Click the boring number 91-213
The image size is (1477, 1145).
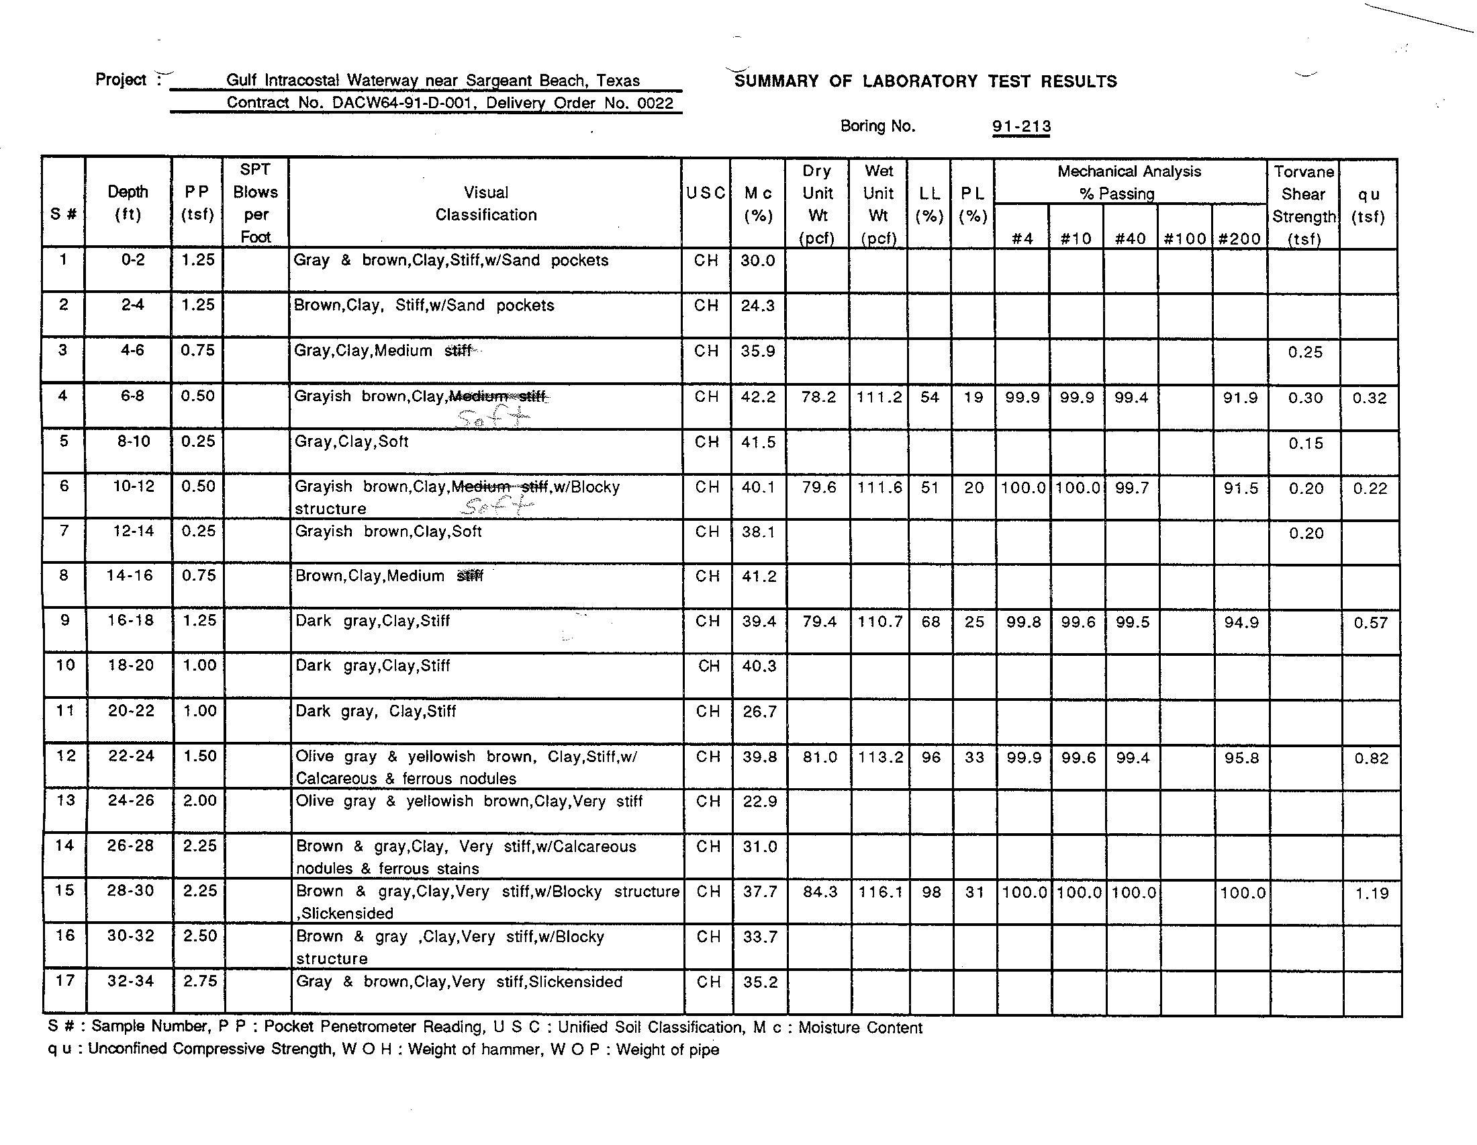(1021, 126)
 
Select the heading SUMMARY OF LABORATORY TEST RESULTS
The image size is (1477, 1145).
(925, 82)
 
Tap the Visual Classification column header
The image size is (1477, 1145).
(485, 203)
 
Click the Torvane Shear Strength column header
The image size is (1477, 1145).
(1303, 204)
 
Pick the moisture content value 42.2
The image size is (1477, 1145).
(757, 396)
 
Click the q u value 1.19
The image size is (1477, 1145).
(1372, 893)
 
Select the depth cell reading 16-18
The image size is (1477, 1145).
(130, 621)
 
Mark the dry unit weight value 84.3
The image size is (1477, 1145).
(820, 892)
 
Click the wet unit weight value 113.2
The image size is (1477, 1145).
(879, 757)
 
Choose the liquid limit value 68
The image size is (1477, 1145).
(931, 622)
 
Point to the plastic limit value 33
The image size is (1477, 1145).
(974, 757)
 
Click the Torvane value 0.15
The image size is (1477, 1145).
(1305, 443)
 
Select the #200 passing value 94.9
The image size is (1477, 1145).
(1241, 623)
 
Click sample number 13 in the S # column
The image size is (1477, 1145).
(65, 800)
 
